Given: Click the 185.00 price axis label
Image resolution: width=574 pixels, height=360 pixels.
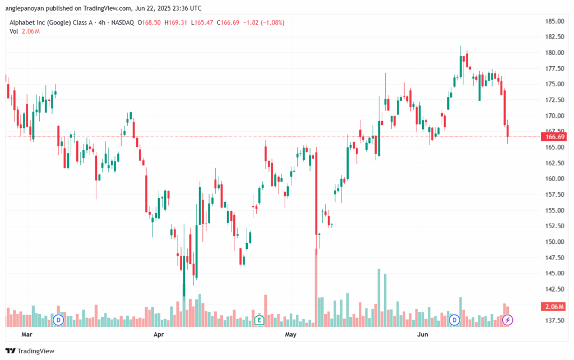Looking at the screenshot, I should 554,21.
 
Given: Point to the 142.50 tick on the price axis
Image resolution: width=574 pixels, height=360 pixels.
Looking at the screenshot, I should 554,289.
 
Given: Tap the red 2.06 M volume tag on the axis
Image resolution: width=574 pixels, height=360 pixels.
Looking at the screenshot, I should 553,307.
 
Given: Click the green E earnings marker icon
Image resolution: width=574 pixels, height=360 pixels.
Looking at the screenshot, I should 259,320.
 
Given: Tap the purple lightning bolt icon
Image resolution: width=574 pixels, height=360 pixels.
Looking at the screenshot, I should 507,320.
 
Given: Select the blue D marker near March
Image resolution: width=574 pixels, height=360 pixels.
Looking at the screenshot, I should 58,320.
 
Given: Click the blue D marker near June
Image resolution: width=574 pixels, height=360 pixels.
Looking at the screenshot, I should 455,320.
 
